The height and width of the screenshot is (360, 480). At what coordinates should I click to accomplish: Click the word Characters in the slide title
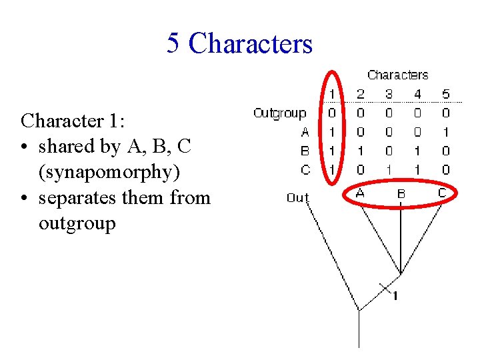tap(250, 43)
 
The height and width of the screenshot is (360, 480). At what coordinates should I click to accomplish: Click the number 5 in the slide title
tap(173, 43)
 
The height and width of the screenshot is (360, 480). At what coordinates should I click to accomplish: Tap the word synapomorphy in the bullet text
tap(109, 172)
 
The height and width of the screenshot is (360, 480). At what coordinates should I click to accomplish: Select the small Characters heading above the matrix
tap(397, 75)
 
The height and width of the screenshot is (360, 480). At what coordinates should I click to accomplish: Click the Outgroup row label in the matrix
tap(279, 113)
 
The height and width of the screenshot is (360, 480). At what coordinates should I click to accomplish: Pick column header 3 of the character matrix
tap(389, 95)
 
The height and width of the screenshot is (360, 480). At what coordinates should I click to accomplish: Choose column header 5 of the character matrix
tap(445, 95)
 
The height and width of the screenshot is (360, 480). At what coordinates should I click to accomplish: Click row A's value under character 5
tap(445, 132)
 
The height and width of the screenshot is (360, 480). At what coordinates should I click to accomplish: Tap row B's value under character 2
tap(361, 151)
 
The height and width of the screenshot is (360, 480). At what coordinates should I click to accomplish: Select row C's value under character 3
tap(389, 170)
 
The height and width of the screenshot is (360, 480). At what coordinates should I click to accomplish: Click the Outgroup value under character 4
tap(417, 113)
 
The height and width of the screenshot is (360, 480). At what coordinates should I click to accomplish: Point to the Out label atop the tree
tap(298, 197)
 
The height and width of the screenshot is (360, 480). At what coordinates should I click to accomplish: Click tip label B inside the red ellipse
tap(401, 194)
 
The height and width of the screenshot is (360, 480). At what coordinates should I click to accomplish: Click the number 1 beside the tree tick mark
tap(395, 296)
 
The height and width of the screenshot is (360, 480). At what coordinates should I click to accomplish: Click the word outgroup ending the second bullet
tap(77, 223)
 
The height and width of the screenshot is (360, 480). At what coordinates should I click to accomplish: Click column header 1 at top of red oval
tap(332, 95)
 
